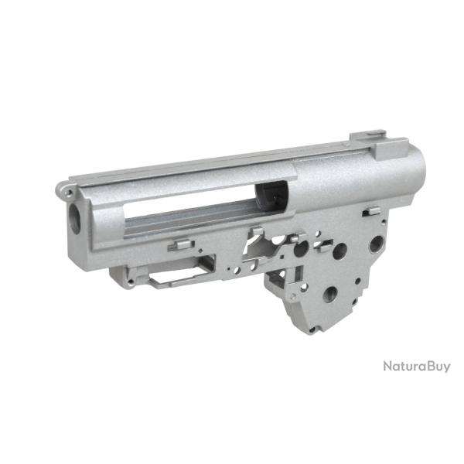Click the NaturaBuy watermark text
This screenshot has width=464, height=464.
point(416,366)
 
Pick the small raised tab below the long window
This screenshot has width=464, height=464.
point(179,245)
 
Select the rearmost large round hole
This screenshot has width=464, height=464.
point(377,244)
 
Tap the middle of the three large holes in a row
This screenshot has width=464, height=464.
point(339,251)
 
